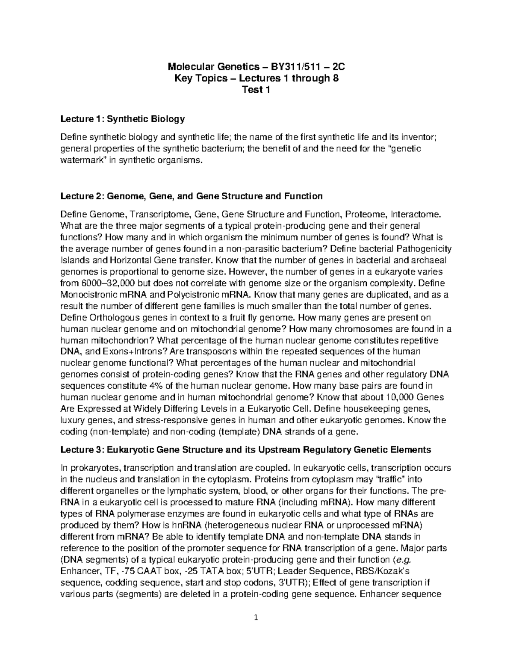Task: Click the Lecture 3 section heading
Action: (245, 450)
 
